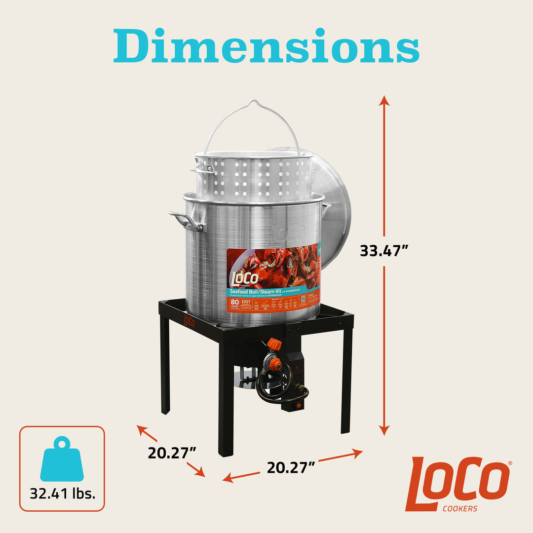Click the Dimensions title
[x=266, y=46]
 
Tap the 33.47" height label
[x=384, y=251]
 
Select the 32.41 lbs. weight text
[x=62, y=493]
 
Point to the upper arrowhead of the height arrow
[x=384, y=101]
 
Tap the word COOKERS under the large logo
[x=459, y=509]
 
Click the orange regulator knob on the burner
[x=274, y=344]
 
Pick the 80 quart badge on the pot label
[x=233, y=304]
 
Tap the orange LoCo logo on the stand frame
[x=189, y=321]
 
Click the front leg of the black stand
[x=226, y=405]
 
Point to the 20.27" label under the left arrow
[x=172, y=452]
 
